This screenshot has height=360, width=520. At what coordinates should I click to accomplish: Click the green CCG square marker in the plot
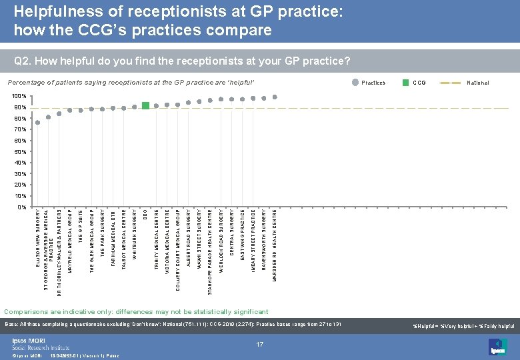145,105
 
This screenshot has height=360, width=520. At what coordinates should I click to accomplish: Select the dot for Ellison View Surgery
38,123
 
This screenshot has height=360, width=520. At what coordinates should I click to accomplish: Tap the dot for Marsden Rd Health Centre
275,96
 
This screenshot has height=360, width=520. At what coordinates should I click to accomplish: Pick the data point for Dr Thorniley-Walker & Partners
59,113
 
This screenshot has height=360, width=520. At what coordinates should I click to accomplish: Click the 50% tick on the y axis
19,152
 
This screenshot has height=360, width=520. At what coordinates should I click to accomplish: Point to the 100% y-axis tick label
18,96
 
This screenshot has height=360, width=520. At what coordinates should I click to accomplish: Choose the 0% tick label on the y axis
21,207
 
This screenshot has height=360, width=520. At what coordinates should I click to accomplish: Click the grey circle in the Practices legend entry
355,83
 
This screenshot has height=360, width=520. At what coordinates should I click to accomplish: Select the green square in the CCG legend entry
406,83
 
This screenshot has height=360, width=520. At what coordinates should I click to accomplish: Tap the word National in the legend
478,83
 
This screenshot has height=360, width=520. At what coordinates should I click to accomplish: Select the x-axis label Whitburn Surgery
135,234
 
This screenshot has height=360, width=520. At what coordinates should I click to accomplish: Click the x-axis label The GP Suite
81,227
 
